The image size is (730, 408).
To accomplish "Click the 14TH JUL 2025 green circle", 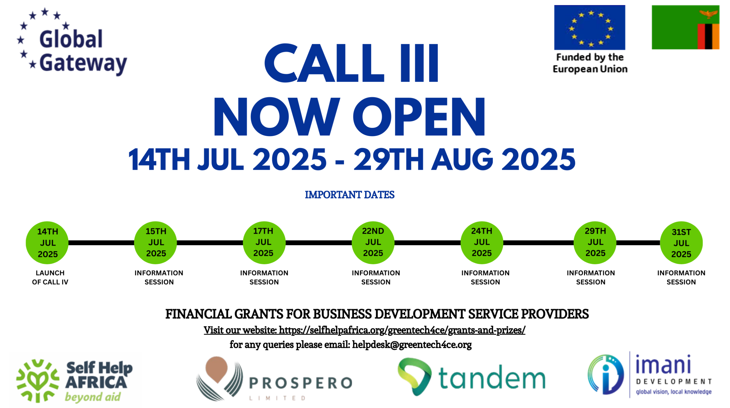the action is tap(47, 243).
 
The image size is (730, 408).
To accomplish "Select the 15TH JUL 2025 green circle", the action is tap(155, 243).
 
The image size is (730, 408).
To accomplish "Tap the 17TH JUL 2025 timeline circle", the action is tap(264, 243).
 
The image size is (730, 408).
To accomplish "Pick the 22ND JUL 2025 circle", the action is tap(373, 243).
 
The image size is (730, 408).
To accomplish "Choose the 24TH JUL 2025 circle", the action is tap(482, 243).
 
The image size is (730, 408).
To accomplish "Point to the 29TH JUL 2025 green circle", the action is tap(595, 243).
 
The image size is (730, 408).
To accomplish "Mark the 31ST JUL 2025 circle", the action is tap(681, 243).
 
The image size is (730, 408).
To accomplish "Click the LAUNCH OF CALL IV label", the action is tap(50, 277).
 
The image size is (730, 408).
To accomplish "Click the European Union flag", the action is tap(589, 27).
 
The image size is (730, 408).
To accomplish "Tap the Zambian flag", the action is tap(686, 27).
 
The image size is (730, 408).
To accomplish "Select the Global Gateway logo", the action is tap(72, 42).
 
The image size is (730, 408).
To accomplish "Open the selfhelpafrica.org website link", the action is tap(402, 330).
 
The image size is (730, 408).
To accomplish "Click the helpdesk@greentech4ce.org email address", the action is tap(412, 345).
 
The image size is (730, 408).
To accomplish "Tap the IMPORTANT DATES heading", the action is tap(350, 195).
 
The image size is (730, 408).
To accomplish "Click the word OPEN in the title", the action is tap(419, 117).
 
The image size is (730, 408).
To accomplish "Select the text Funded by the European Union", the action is tap(590, 63).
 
